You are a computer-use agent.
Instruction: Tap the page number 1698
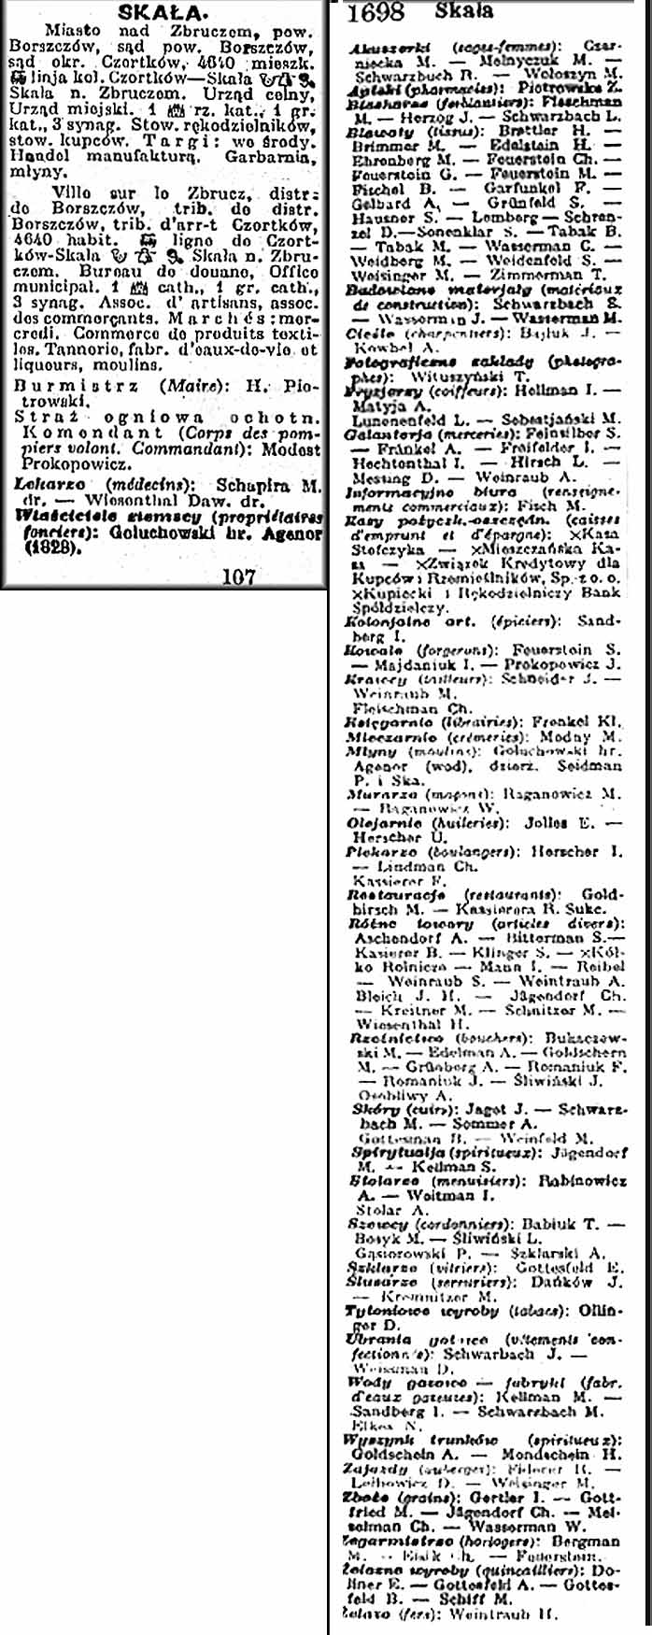point(376,12)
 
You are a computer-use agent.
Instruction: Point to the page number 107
point(239,576)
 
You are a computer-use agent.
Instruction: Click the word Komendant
point(67,434)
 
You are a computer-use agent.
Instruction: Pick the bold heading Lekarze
point(50,485)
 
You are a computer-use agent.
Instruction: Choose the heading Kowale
point(373,649)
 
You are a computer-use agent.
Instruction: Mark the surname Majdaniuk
point(426,664)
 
